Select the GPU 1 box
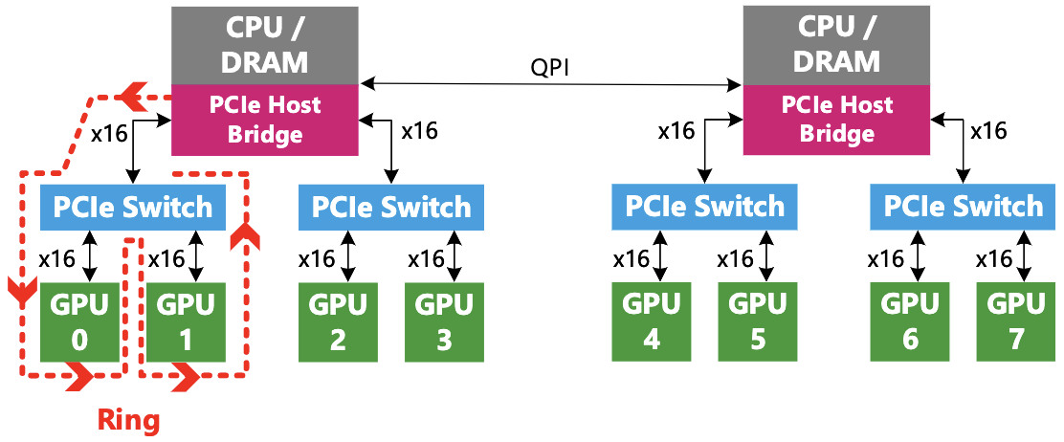[180, 320]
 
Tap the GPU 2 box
[338, 322]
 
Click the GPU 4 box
[652, 322]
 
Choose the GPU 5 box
[758, 322]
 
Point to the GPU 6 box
[910, 322]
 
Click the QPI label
[552, 70]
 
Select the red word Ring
[129, 419]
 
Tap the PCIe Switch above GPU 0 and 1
[133, 207]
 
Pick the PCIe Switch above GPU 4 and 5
[705, 207]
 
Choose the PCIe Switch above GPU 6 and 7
[964, 207]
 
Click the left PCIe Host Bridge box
[265, 119]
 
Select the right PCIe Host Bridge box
[837, 119]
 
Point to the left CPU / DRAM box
[265, 44]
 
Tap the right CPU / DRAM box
[837, 44]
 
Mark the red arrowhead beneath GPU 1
[185, 380]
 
